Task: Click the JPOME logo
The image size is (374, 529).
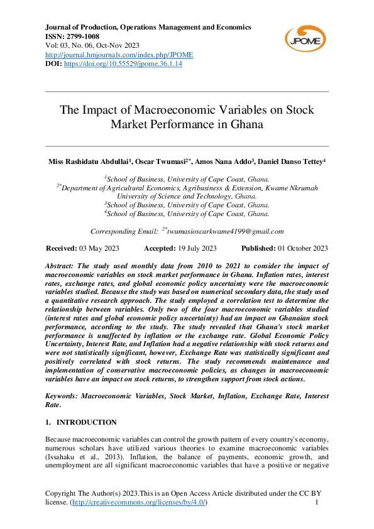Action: [305, 38]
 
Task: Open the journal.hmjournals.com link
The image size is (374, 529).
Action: [120, 55]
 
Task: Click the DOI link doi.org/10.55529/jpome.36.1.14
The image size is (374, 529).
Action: [124, 65]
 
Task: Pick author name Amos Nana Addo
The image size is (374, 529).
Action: [220, 162]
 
